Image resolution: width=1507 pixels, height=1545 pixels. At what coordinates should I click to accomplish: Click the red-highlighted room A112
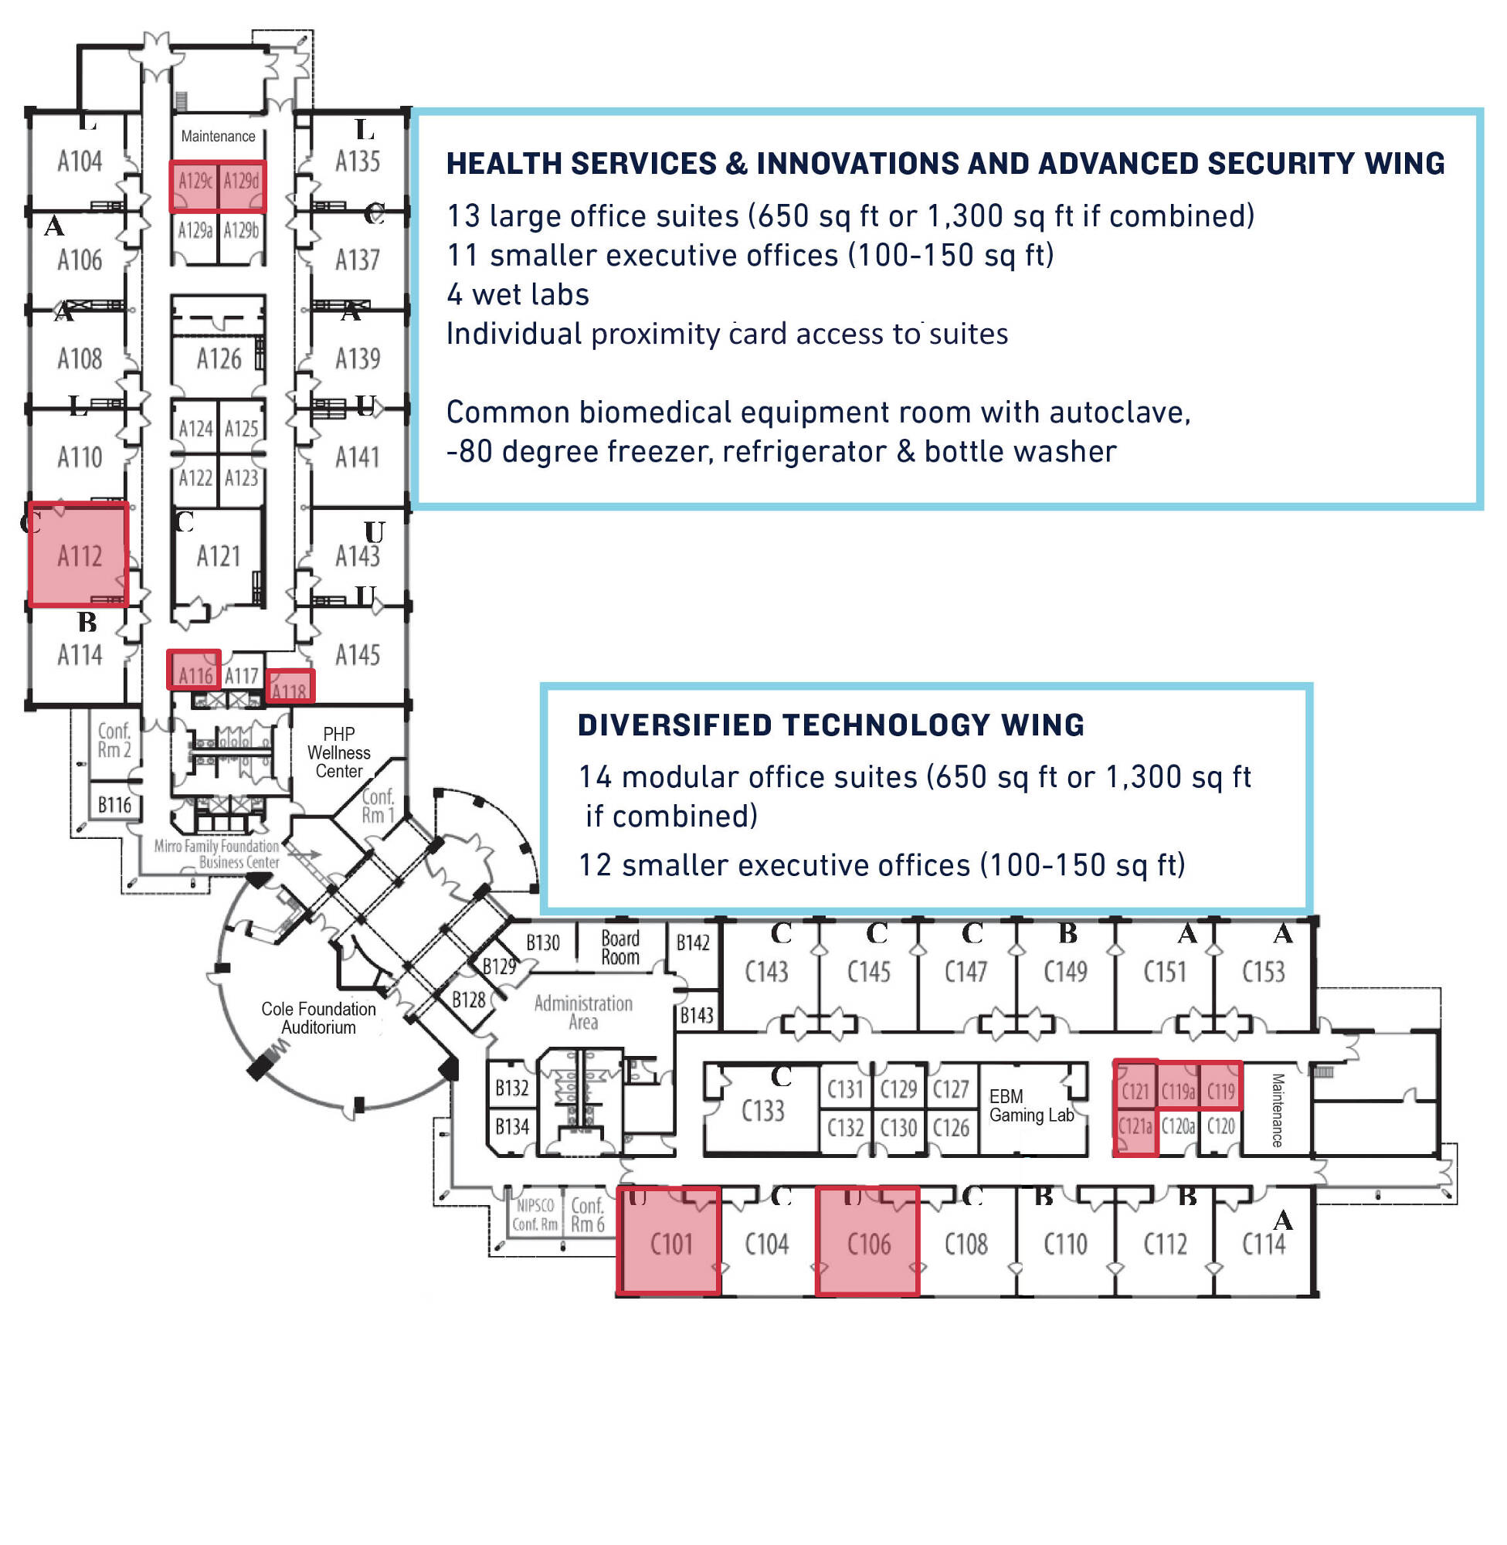tap(78, 555)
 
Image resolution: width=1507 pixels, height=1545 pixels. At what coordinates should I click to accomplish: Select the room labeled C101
tap(670, 1243)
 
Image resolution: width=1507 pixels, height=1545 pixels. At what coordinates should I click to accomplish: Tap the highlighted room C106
tap(867, 1243)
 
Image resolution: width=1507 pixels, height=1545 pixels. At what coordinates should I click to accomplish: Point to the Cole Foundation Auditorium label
tap(318, 1018)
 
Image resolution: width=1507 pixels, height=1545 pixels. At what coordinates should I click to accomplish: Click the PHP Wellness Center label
tap(339, 752)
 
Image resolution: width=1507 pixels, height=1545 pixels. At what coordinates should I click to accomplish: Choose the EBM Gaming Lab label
tap(1030, 1105)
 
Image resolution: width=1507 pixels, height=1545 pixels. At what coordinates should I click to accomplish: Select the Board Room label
tap(619, 946)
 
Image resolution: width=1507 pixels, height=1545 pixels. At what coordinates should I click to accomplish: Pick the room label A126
tap(219, 359)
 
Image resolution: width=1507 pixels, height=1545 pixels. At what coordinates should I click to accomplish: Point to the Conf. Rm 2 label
tap(114, 740)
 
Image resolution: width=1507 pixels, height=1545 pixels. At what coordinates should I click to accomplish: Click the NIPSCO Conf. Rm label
tap(535, 1215)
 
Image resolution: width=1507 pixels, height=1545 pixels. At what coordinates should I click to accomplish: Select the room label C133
tap(762, 1111)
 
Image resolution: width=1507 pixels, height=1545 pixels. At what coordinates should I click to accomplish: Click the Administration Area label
tap(583, 1012)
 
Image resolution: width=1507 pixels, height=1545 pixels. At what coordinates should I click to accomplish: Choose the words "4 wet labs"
tap(518, 294)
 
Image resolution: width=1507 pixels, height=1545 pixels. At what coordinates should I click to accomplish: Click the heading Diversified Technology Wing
tap(830, 725)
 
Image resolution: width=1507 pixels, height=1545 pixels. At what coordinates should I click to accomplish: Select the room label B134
tap(511, 1126)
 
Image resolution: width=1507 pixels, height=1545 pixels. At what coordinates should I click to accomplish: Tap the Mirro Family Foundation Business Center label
tap(219, 854)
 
